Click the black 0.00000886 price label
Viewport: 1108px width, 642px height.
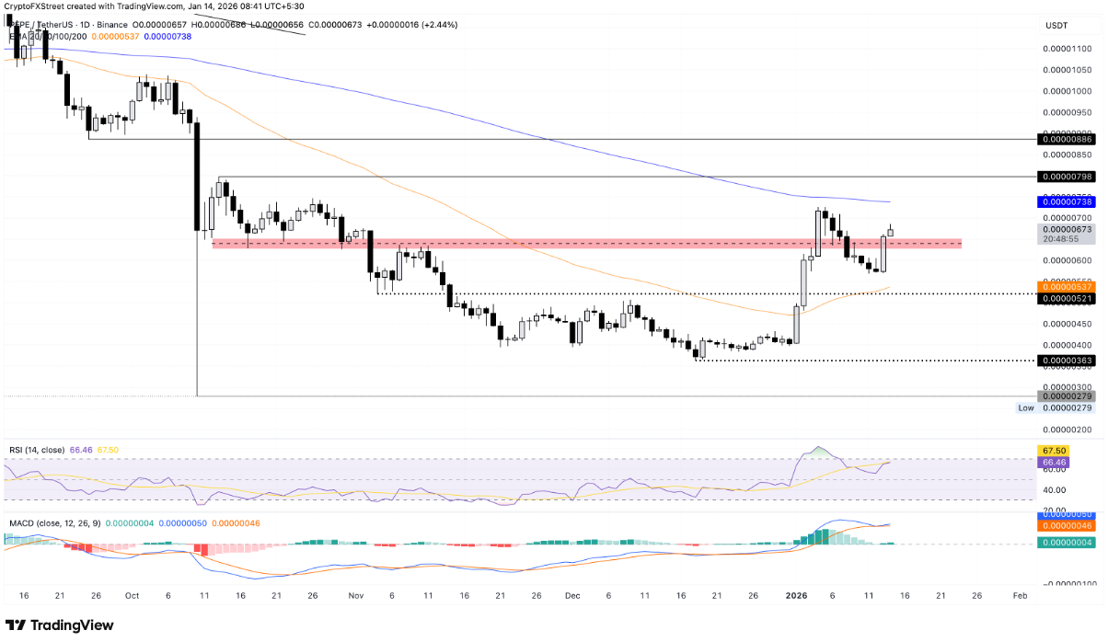1066,139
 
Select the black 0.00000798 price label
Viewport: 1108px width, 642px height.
1066,176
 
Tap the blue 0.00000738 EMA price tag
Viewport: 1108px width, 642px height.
1066,201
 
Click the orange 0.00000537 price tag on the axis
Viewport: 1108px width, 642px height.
1066,287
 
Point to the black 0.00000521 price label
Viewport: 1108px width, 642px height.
1066,298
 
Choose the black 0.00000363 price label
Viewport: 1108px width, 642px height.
1066,361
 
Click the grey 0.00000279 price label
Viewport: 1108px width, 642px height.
1066,396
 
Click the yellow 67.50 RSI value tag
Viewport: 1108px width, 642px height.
1054,451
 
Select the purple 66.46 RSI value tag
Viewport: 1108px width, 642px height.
1054,462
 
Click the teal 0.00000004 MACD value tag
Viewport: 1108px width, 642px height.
1066,543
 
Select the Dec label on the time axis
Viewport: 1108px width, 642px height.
572,596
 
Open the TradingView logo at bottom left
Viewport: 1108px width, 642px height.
61,625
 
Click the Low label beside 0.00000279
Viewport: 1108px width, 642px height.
1025,407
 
